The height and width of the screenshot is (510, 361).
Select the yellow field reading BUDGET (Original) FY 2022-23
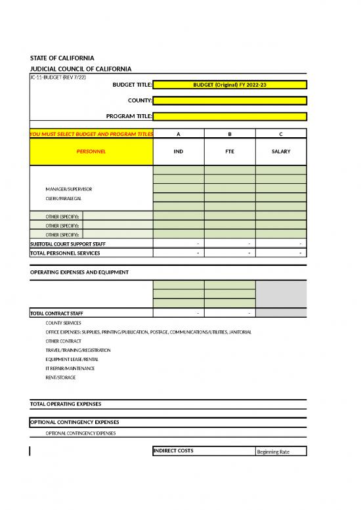230,85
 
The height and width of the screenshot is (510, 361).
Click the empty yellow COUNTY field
230,100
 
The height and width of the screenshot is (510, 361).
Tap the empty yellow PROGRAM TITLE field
230,116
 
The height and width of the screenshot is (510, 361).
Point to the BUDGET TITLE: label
133,85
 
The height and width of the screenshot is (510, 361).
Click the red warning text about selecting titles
91,135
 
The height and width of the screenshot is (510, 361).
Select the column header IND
179,152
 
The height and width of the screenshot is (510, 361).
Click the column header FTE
230,152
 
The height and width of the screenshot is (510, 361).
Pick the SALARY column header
281,152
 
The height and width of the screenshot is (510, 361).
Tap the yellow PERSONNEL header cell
91,152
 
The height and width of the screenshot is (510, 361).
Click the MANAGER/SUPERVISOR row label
69,189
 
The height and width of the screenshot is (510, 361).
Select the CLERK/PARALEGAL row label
64,198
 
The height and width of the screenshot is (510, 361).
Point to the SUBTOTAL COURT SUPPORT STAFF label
68,244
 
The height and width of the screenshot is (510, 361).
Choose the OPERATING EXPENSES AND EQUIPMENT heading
79,272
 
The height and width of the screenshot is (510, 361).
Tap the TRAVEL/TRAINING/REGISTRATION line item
78,351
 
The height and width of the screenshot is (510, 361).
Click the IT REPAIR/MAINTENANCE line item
70,368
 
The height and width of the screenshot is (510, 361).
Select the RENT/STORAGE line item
60,377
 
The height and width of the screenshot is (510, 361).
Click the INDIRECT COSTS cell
173,450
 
